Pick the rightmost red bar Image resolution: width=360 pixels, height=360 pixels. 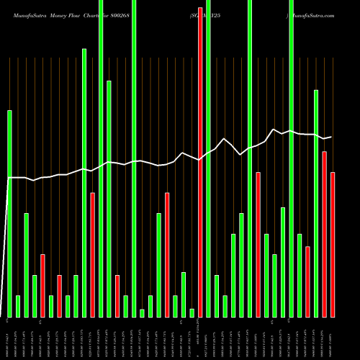(333, 245)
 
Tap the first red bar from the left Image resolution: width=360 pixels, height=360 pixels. (42, 285)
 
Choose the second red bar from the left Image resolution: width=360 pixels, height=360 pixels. (59, 296)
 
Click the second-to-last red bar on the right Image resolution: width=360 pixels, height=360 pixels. (325, 234)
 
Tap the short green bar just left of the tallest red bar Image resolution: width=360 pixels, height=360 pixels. (192, 312)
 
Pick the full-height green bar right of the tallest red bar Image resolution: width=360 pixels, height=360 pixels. (209, 158)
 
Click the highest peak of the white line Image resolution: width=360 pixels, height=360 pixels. (274, 130)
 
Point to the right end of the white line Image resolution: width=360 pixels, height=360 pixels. (332, 137)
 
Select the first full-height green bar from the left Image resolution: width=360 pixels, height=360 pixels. (101, 158)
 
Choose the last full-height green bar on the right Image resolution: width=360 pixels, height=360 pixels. (292, 158)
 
